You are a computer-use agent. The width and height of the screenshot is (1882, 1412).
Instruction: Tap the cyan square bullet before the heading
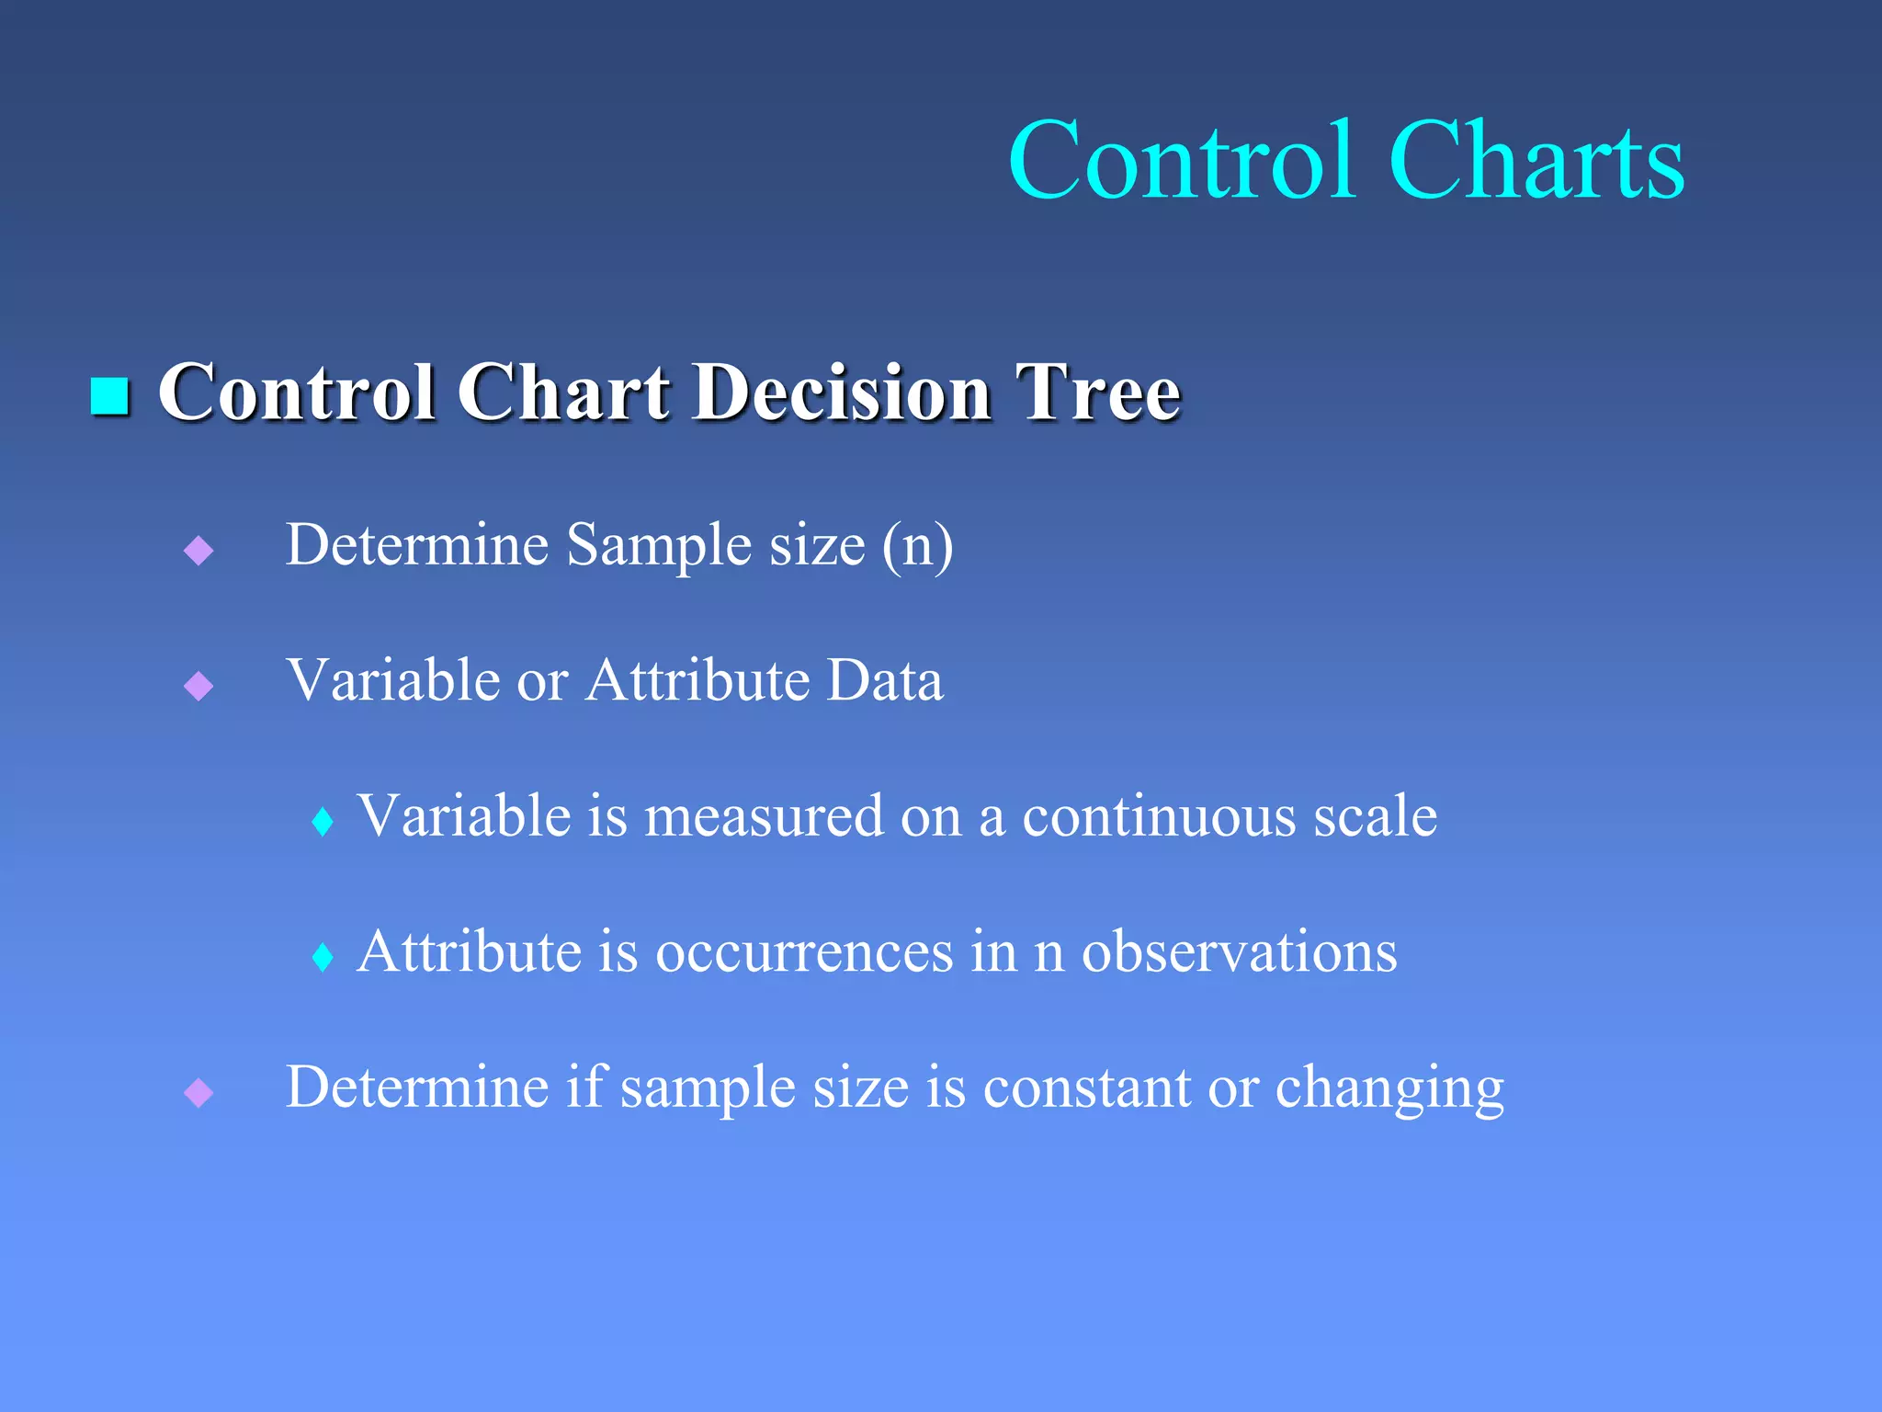(x=109, y=396)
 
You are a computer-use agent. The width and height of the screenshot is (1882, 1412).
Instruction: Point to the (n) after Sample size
(x=917, y=545)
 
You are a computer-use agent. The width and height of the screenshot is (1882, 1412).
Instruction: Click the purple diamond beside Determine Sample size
(x=198, y=551)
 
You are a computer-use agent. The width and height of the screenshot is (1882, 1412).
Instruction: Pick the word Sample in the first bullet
(x=658, y=545)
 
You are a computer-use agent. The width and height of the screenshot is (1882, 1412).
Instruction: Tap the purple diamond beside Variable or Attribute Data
(x=198, y=686)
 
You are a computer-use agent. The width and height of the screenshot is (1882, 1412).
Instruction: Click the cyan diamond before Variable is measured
(x=323, y=822)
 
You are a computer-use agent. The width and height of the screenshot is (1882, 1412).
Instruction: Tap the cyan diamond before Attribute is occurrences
(x=323, y=957)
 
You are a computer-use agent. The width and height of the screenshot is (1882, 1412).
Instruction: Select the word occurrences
(x=804, y=952)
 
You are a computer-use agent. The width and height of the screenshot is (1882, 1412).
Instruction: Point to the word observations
(x=1239, y=952)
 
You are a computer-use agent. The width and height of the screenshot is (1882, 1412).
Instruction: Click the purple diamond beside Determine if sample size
(x=198, y=1093)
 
